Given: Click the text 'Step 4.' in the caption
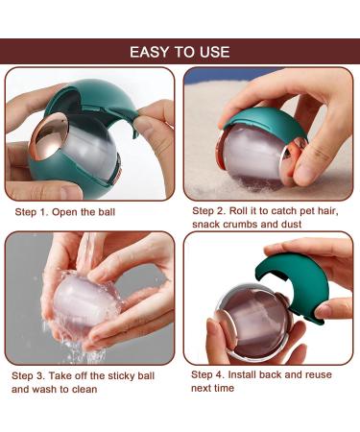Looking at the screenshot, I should coord(210,373).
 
